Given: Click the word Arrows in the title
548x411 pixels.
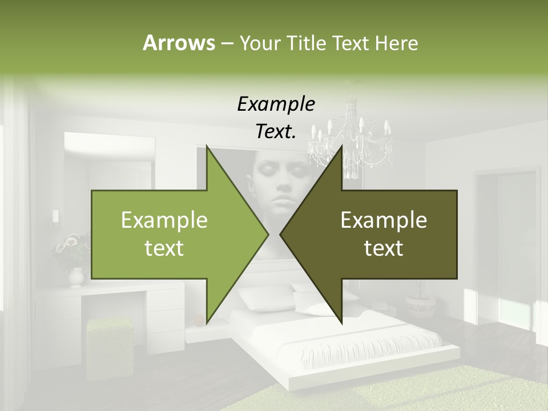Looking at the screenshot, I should coord(178,43).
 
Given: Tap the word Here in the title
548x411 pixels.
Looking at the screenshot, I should coord(396,43).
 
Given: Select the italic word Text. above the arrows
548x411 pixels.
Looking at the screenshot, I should coord(276,132).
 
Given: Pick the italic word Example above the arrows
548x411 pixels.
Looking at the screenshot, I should coord(276,104).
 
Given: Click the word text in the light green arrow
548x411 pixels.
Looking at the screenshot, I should coord(164,248).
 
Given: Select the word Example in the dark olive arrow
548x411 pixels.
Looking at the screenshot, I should coord(384,220).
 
